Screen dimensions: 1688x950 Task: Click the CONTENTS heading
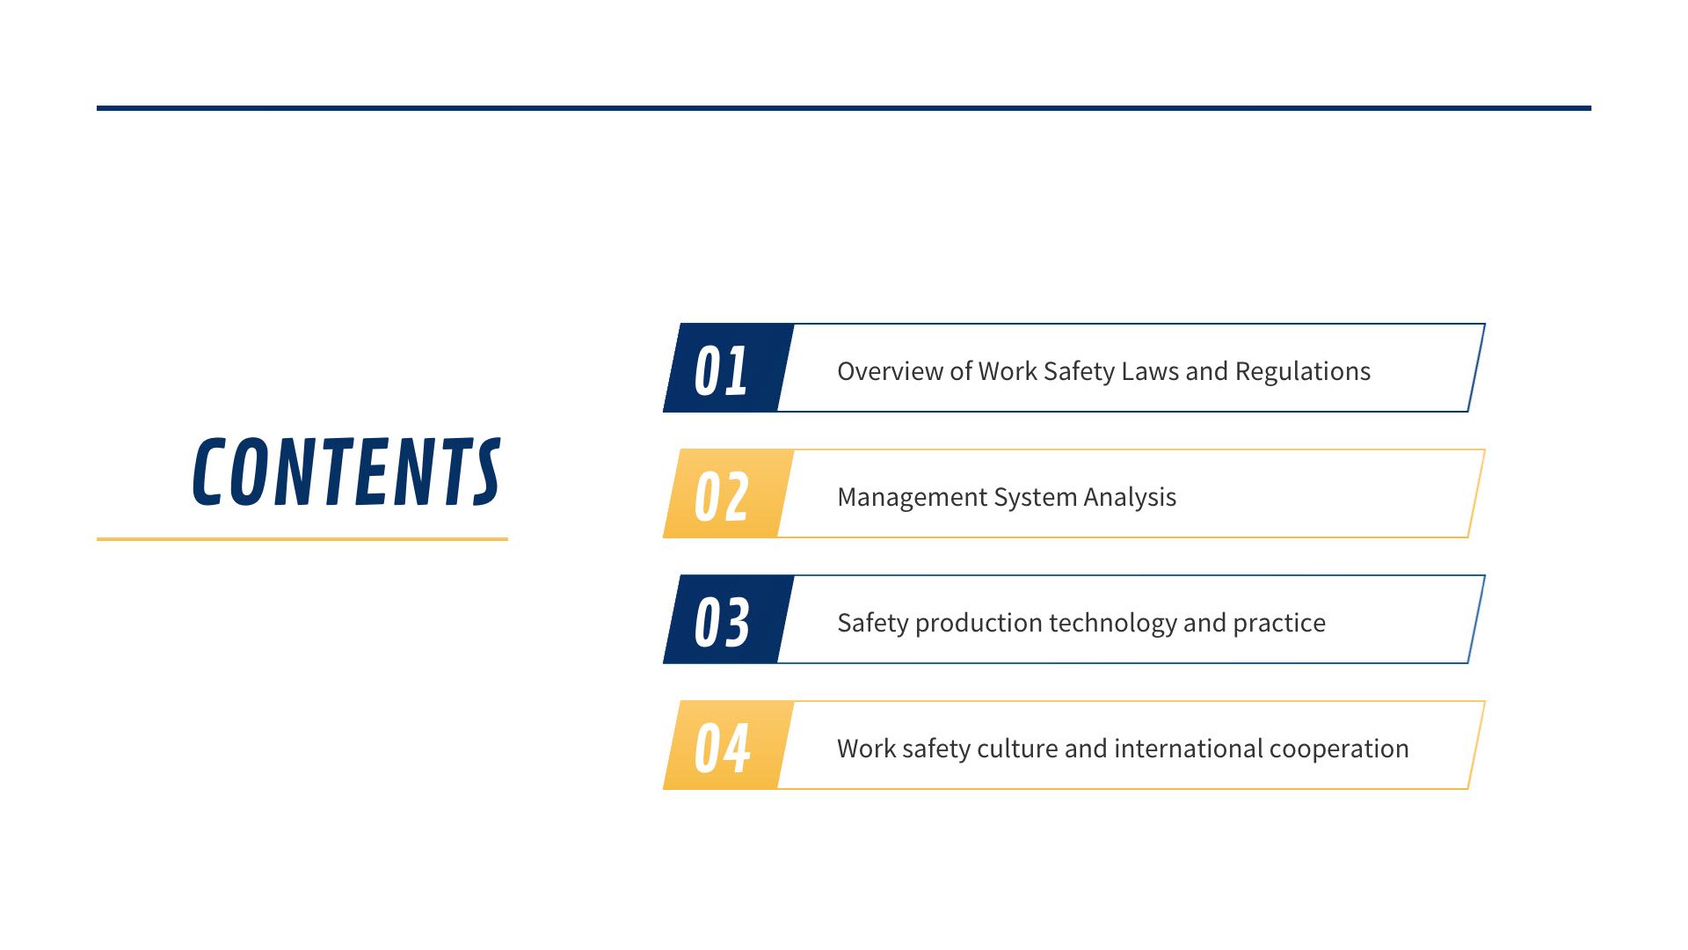coord(346,472)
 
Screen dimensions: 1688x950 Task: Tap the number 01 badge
coord(729,368)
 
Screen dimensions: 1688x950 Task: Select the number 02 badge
coord(729,493)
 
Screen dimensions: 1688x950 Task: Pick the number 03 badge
coord(729,619)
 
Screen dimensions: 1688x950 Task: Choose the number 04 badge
coord(729,745)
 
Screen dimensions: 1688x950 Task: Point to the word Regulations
coord(1302,372)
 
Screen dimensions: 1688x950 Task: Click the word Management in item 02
coord(912,498)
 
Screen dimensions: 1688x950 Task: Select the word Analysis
coord(1130,498)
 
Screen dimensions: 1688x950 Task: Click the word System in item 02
coord(1035,498)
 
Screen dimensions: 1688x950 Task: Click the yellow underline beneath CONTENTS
coord(302,538)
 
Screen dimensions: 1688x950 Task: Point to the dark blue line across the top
coord(844,108)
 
